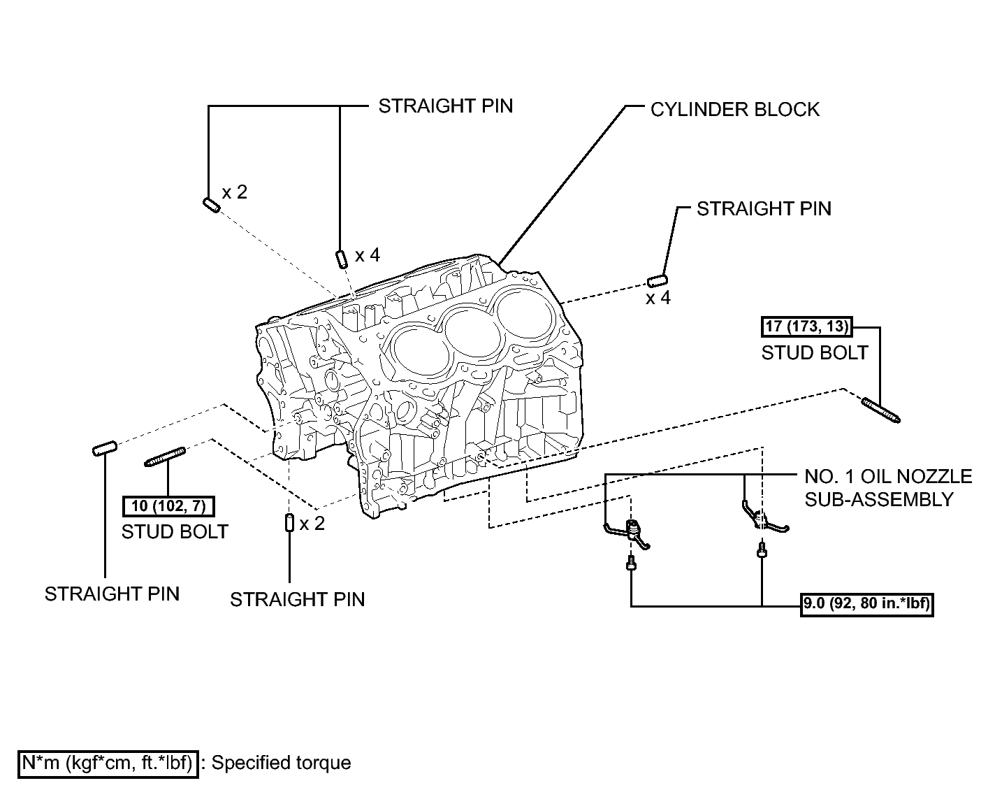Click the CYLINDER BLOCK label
coord(734,110)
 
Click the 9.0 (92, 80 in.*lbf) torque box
coord(866,604)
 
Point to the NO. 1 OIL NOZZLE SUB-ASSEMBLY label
coord(888,488)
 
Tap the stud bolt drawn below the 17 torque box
coord(881,410)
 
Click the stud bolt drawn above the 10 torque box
coord(165,457)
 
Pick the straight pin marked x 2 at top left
coord(212,205)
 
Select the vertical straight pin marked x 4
coord(342,259)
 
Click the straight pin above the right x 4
coord(658,281)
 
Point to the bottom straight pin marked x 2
coord(289,522)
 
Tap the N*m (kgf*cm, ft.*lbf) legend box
coord(108,763)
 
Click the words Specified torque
coord(281,763)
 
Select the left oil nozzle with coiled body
coord(628,533)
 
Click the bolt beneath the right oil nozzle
coord(762,551)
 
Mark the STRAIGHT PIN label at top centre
coord(445,106)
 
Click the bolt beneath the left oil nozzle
coord(631,563)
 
